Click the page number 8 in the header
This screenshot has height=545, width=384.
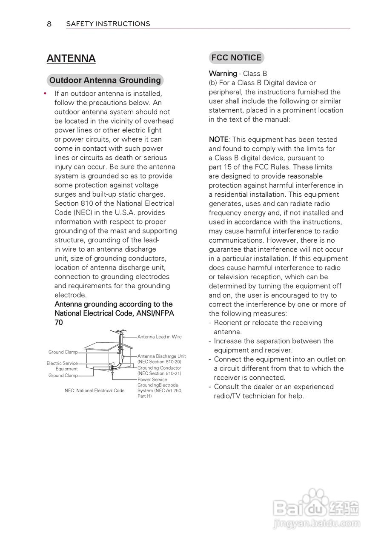[x=49, y=24]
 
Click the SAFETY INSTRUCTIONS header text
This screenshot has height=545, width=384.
[x=108, y=24]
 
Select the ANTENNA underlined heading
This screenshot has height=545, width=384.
[x=71, y=59]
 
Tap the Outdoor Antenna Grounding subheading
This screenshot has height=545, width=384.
[x=105, y=80]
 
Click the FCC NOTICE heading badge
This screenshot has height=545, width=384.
[x=237, y=58]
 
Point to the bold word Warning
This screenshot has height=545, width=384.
[x=223, y=74]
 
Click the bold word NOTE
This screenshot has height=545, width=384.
[x=218, y=140]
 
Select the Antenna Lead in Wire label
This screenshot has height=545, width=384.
[x=159, y=337]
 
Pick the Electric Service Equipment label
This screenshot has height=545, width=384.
[x=63, y=366]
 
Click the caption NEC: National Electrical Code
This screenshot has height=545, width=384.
[x=95, y=390]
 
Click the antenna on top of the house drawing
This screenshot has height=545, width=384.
[x=119, y=332]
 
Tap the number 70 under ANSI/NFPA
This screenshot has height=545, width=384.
[x=59, y=323]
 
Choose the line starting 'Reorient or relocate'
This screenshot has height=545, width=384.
[x=268, y=323]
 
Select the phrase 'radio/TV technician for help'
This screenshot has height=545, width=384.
[x=259, y=396]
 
